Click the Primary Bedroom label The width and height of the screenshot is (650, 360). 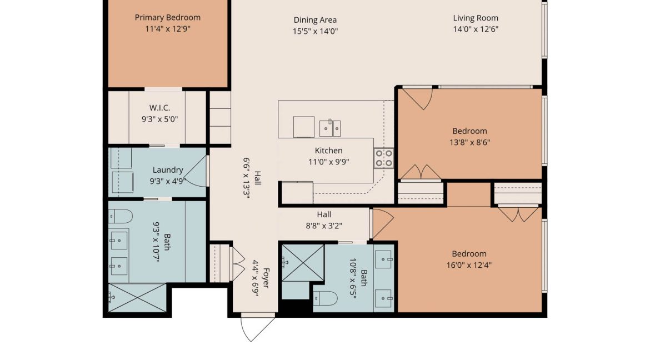[x=167, y=17]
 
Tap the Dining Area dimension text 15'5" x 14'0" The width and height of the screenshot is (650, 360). [x=315, y=31]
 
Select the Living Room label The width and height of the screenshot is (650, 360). [x=476, y=18]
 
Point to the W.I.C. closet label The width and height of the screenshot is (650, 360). [x=159, y=108]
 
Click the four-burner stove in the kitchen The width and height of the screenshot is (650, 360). [x=384, y=158]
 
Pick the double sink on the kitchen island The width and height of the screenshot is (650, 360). [x=330, y=128]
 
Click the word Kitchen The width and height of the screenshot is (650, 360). [x=329, y=151]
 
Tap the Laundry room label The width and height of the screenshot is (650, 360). [x=167, y=169]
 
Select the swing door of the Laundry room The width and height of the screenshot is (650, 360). [x=196, y=171]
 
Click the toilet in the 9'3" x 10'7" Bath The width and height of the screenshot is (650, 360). [x=121, y=216]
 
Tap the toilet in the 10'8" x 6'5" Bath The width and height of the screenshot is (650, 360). [x=326, y=298]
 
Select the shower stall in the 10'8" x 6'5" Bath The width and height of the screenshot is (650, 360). [x=303, y=263]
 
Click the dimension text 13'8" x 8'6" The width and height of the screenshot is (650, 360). [x=469, y=142]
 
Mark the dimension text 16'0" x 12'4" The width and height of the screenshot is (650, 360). [x=469, y=265]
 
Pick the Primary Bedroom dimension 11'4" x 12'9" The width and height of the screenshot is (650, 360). [x=167, y=29]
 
